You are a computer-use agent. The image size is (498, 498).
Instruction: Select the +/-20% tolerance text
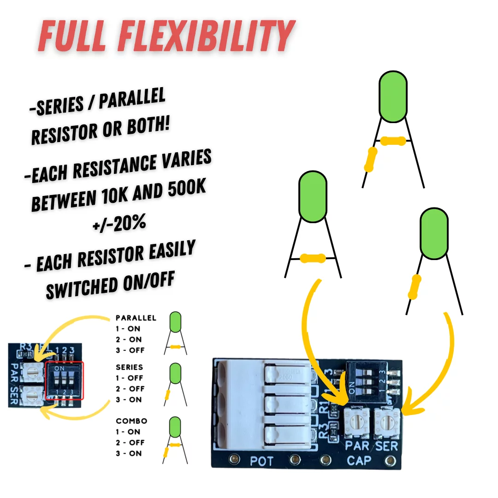point(119,223)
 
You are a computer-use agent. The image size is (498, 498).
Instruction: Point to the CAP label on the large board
point(358,460)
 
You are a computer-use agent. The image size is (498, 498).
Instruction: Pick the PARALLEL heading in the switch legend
point(136,318)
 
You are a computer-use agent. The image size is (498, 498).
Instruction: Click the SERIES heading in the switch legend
point(130,368)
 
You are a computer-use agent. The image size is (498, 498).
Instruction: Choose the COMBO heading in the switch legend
point(131,421)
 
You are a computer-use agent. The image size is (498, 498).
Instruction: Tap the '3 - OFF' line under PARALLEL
point(130,350)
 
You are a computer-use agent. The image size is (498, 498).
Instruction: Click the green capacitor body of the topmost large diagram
point(393,98)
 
